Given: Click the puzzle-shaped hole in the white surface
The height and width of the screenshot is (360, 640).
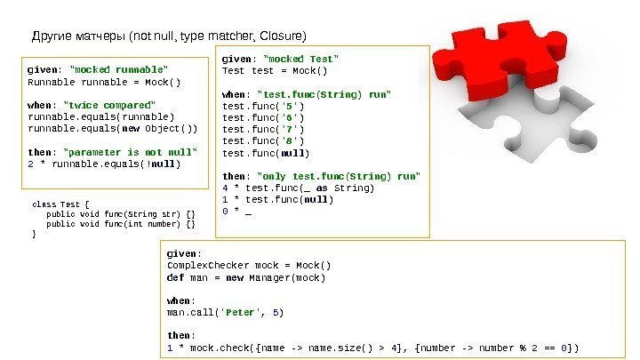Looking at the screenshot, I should [569, 133].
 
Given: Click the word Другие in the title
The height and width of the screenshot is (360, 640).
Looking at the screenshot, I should [52, 36].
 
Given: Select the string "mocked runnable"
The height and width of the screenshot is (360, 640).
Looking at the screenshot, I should [117, 68].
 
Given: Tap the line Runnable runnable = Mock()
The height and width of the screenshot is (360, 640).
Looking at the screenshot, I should [104, 81].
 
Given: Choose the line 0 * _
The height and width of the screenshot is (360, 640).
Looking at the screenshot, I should [236, 211].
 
